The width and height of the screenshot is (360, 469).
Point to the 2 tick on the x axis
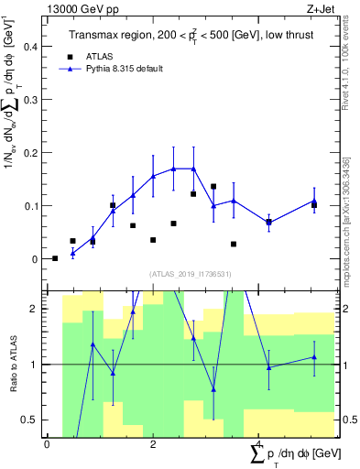click(153, 445)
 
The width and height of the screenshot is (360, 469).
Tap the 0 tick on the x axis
click(47, 445)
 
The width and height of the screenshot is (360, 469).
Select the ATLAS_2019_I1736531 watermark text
click(191, 274)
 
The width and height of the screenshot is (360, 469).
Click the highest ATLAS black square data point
click(213, 186)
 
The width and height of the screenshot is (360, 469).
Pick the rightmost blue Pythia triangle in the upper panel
click(313, 201)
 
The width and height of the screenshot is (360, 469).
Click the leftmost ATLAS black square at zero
click(55, 258)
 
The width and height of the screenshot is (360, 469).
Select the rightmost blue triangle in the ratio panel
click(313, 357)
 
